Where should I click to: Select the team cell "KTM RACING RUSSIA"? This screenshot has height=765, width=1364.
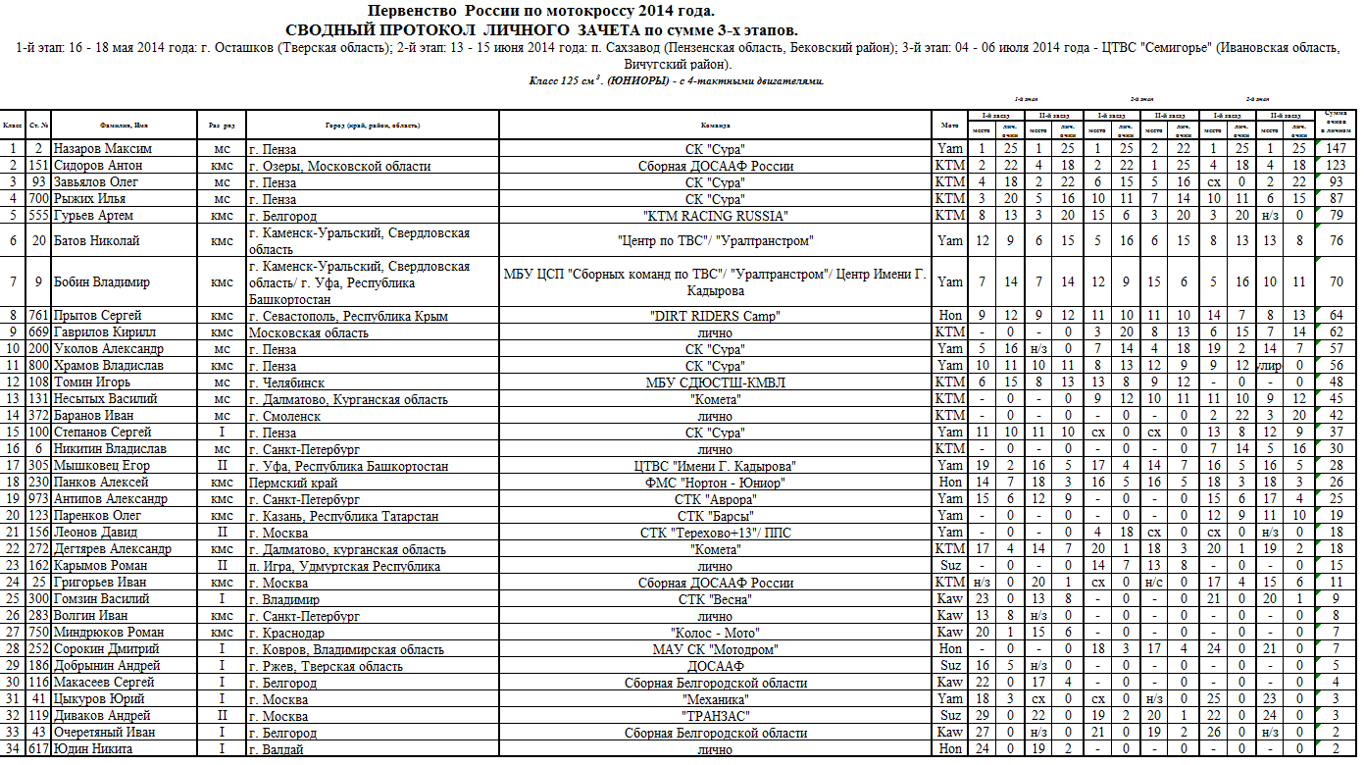coord(715,215)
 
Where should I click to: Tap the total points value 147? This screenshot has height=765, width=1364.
coord(1337,148)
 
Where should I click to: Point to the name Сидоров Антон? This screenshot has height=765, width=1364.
coord(97,165)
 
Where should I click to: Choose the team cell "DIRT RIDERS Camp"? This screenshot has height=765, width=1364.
coord(715,315)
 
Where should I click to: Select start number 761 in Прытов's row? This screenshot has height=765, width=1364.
coord(39,315)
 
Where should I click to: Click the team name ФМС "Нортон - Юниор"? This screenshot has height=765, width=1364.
coord(715,482)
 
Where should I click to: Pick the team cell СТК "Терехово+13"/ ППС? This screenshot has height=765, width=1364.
coord(715,532)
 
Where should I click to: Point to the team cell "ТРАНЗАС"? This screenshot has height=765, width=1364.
coord(715,716)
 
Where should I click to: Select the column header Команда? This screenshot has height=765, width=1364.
coord(715,126)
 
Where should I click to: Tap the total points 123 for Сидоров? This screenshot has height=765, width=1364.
coord(1337,165)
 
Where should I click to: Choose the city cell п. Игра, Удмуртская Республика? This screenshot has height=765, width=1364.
coord(345,565)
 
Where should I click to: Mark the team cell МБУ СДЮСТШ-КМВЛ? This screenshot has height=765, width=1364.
coord(715,382)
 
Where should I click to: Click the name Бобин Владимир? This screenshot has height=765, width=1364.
coord(101,282)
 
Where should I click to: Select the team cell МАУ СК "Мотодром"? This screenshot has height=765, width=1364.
coord(715,649)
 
